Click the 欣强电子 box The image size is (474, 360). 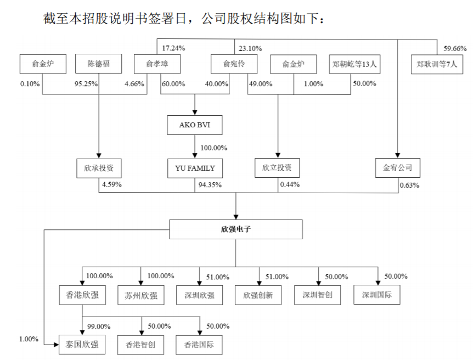pyautogui.click(x=235, y=229)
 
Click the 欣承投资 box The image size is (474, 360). pyautogui.click(x=99, y=168)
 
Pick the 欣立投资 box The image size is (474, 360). pyautogui.click(x=277, y=168)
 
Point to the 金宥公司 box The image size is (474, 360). pyautogui.click(x=398, y=168)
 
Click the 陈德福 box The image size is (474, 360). pyautogui.click(x=99, y=64)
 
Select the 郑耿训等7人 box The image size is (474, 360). pyautogui.click(x=437, y=64)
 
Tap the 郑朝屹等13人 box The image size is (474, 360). pyautogui.click(x=353, y=64)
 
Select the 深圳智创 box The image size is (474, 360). pyautogui.click(x=317, y=295)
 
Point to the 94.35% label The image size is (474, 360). pyautogui.click(x=210, y=185)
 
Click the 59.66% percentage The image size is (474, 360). pyautogui.click(x=455, y=48)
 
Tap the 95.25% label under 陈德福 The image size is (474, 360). pyautogui.click(x=86, y=84)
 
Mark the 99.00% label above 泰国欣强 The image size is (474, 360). pyautogui.click(x=99, y=326)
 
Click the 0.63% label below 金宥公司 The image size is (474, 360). pyautogui.click(x=409, y=185)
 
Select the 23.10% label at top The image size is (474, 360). pyautogui.click(x=250, y=48)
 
